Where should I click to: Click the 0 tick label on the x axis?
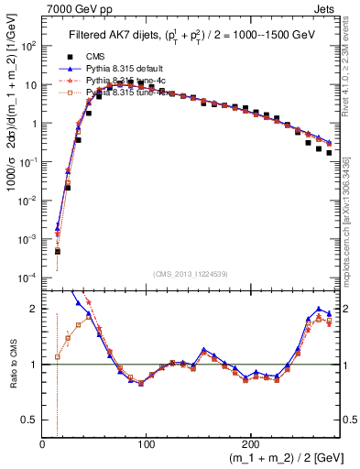[x=43, y=443]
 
